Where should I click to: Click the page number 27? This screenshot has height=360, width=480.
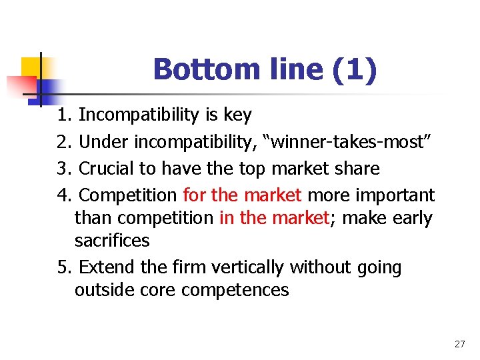[459, 344]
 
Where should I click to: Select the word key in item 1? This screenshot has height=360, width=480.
[237, 115]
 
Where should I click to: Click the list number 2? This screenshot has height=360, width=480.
[63, 142]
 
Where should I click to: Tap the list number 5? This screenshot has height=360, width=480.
[63, 267]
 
